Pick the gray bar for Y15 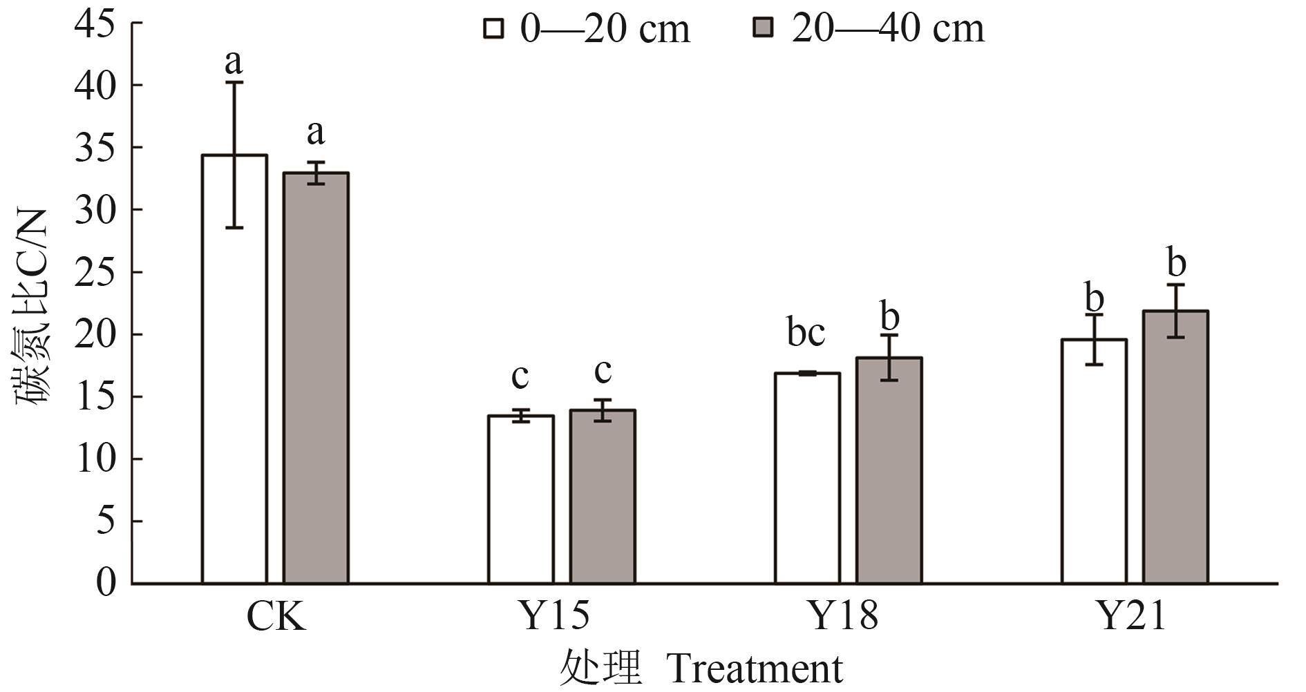(x=603, y=497)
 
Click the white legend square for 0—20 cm (x=493, y=28)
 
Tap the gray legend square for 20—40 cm (x=764, y=28)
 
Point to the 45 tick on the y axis (x=95, y=23)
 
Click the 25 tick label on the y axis (x=95, y=272)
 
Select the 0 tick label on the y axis (x=105, y=583)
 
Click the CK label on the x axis (x=276, y=617)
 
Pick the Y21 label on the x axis (x=1130, y=617)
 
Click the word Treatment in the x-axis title (x=755, y=669)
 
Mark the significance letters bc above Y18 (x=806, y=333)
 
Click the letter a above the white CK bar (x=234, y=62)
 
